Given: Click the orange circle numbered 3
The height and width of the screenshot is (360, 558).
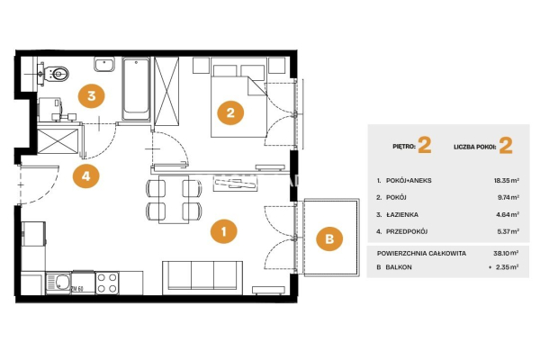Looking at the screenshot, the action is (92, 95).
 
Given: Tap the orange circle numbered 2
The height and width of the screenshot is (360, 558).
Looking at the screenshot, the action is (230, 112).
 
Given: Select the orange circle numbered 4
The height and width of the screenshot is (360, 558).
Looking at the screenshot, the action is (85, 175).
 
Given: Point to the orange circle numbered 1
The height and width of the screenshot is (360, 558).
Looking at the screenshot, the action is (223, 231).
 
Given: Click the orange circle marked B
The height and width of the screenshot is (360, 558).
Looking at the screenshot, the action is (329, 238).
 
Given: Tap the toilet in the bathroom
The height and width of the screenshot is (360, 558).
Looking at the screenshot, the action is (56, 74).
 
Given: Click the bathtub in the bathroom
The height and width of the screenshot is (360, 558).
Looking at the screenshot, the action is (136, 89).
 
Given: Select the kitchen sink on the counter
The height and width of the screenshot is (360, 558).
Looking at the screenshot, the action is (58, 283).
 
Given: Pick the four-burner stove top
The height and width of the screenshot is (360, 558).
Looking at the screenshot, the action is (107, 283).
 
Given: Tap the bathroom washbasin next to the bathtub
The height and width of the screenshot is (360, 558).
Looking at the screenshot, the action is (104, 65).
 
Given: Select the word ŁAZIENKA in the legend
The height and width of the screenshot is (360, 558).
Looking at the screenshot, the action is (402, 214).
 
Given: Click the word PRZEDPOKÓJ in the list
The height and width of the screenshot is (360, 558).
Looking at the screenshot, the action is (407, 231).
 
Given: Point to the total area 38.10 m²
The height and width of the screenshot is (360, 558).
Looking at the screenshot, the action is (506, 253).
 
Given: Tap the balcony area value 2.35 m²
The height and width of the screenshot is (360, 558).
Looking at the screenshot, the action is (507, 267).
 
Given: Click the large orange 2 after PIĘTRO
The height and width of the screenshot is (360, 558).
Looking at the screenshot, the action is (425, 146).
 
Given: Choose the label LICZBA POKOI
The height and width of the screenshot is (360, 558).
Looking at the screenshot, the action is (474, 147).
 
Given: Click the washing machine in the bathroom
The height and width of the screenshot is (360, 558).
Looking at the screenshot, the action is (49, 109).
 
